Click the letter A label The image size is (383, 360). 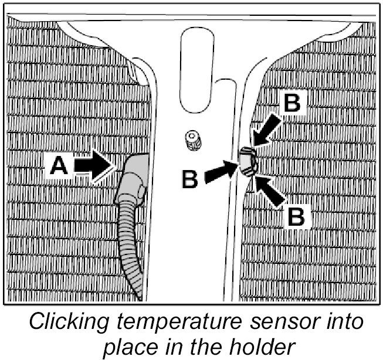[58, 168]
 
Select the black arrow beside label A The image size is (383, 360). [94, 167]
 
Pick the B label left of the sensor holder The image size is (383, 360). [190, 179]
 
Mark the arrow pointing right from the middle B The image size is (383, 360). [222, 173]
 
